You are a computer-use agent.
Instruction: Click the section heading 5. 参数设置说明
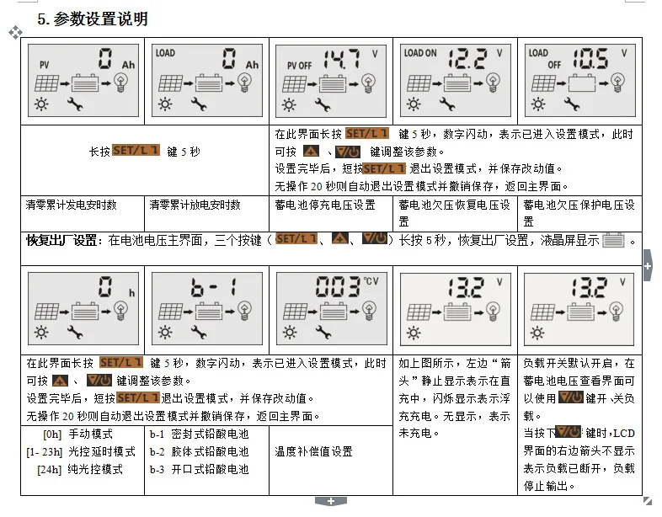[x=93, y=19]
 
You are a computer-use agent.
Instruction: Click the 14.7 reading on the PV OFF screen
[x=342, y=59]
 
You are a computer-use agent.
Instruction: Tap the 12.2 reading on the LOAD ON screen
[x=467, y=59]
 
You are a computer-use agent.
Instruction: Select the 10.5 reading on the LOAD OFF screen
[x=590, y=59]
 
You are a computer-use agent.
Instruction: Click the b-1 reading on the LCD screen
[x=213, y=287]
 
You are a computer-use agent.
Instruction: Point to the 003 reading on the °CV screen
[x=338, y=286]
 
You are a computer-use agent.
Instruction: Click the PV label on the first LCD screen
[x=45, y=65]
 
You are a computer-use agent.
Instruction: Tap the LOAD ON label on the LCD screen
[x=420, y=53]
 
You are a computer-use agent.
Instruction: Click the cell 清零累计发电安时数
[x=71, y=205]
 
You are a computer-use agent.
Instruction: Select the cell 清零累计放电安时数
[x=195, y=205]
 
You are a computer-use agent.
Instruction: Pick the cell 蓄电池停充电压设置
[x=325, y=205]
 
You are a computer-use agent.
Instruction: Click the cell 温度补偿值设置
[x=313, y=451]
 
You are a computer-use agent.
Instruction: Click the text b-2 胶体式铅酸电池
[x=200, y=451]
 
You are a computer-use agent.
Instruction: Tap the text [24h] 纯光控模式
[x=80, y=469]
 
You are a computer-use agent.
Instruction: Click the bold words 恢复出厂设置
[x=61, y=240]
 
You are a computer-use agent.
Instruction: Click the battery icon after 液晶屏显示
[x=613, y=240]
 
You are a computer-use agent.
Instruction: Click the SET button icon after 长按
[x=136, y=150]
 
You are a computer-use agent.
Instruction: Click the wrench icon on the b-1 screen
[x=199, y=333]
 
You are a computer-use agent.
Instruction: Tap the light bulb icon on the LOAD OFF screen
[x=617, y=83]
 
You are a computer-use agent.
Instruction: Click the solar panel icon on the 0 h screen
[x=46, y=312]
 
